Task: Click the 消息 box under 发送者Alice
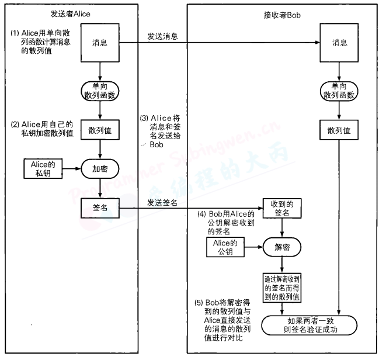100,43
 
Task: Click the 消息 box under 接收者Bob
339,43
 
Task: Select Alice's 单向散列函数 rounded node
100,89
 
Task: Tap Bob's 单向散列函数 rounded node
339,89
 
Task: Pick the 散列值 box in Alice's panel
100,130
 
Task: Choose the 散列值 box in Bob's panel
339,130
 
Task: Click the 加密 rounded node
100,168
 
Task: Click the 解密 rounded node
282,246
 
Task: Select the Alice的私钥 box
43,168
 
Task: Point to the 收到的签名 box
282,208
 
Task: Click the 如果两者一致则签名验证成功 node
309,325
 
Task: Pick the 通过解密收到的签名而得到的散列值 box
282,287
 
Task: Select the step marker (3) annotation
144,118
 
